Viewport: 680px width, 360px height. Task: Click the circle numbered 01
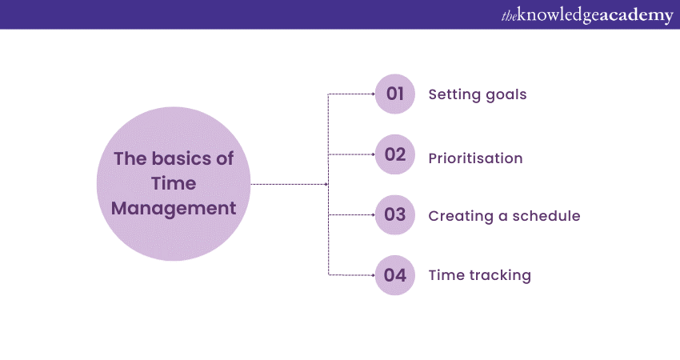(x=395, y=94)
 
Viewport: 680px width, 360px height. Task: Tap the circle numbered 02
(x=395, y=154)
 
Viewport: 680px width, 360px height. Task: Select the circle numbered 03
(x=395, y=214)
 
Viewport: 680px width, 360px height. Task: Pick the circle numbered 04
(x=395, y=275)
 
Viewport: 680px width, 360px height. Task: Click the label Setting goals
(x=478, y=94)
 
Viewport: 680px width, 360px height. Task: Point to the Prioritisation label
(x=475, y=158)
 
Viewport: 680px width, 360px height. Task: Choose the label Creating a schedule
(x=504, y=216)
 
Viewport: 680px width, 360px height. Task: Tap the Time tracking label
(x=479, y=275)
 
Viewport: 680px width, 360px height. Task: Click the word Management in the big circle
(x=174, y=209)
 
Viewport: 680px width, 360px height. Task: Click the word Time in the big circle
(x=174, y=184)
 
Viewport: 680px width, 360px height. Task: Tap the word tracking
(x=501, y=276)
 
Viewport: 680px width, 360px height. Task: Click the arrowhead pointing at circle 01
(x=373, y=94)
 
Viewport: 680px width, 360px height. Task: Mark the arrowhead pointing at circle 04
(x=373, y=275)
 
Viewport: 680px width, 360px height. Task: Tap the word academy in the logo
(x=637, y=16)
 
